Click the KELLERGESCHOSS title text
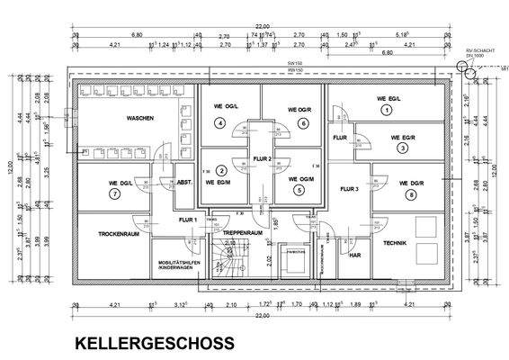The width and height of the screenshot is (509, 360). tap(154, 343)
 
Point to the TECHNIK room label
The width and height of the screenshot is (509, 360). tap(396, 244)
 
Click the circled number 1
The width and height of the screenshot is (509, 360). tap(387, 110)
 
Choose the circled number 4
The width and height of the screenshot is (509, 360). tap(221, 122)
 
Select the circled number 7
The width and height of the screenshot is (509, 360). tap(115, 193)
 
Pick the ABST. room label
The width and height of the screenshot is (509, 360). tap(183, 180)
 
